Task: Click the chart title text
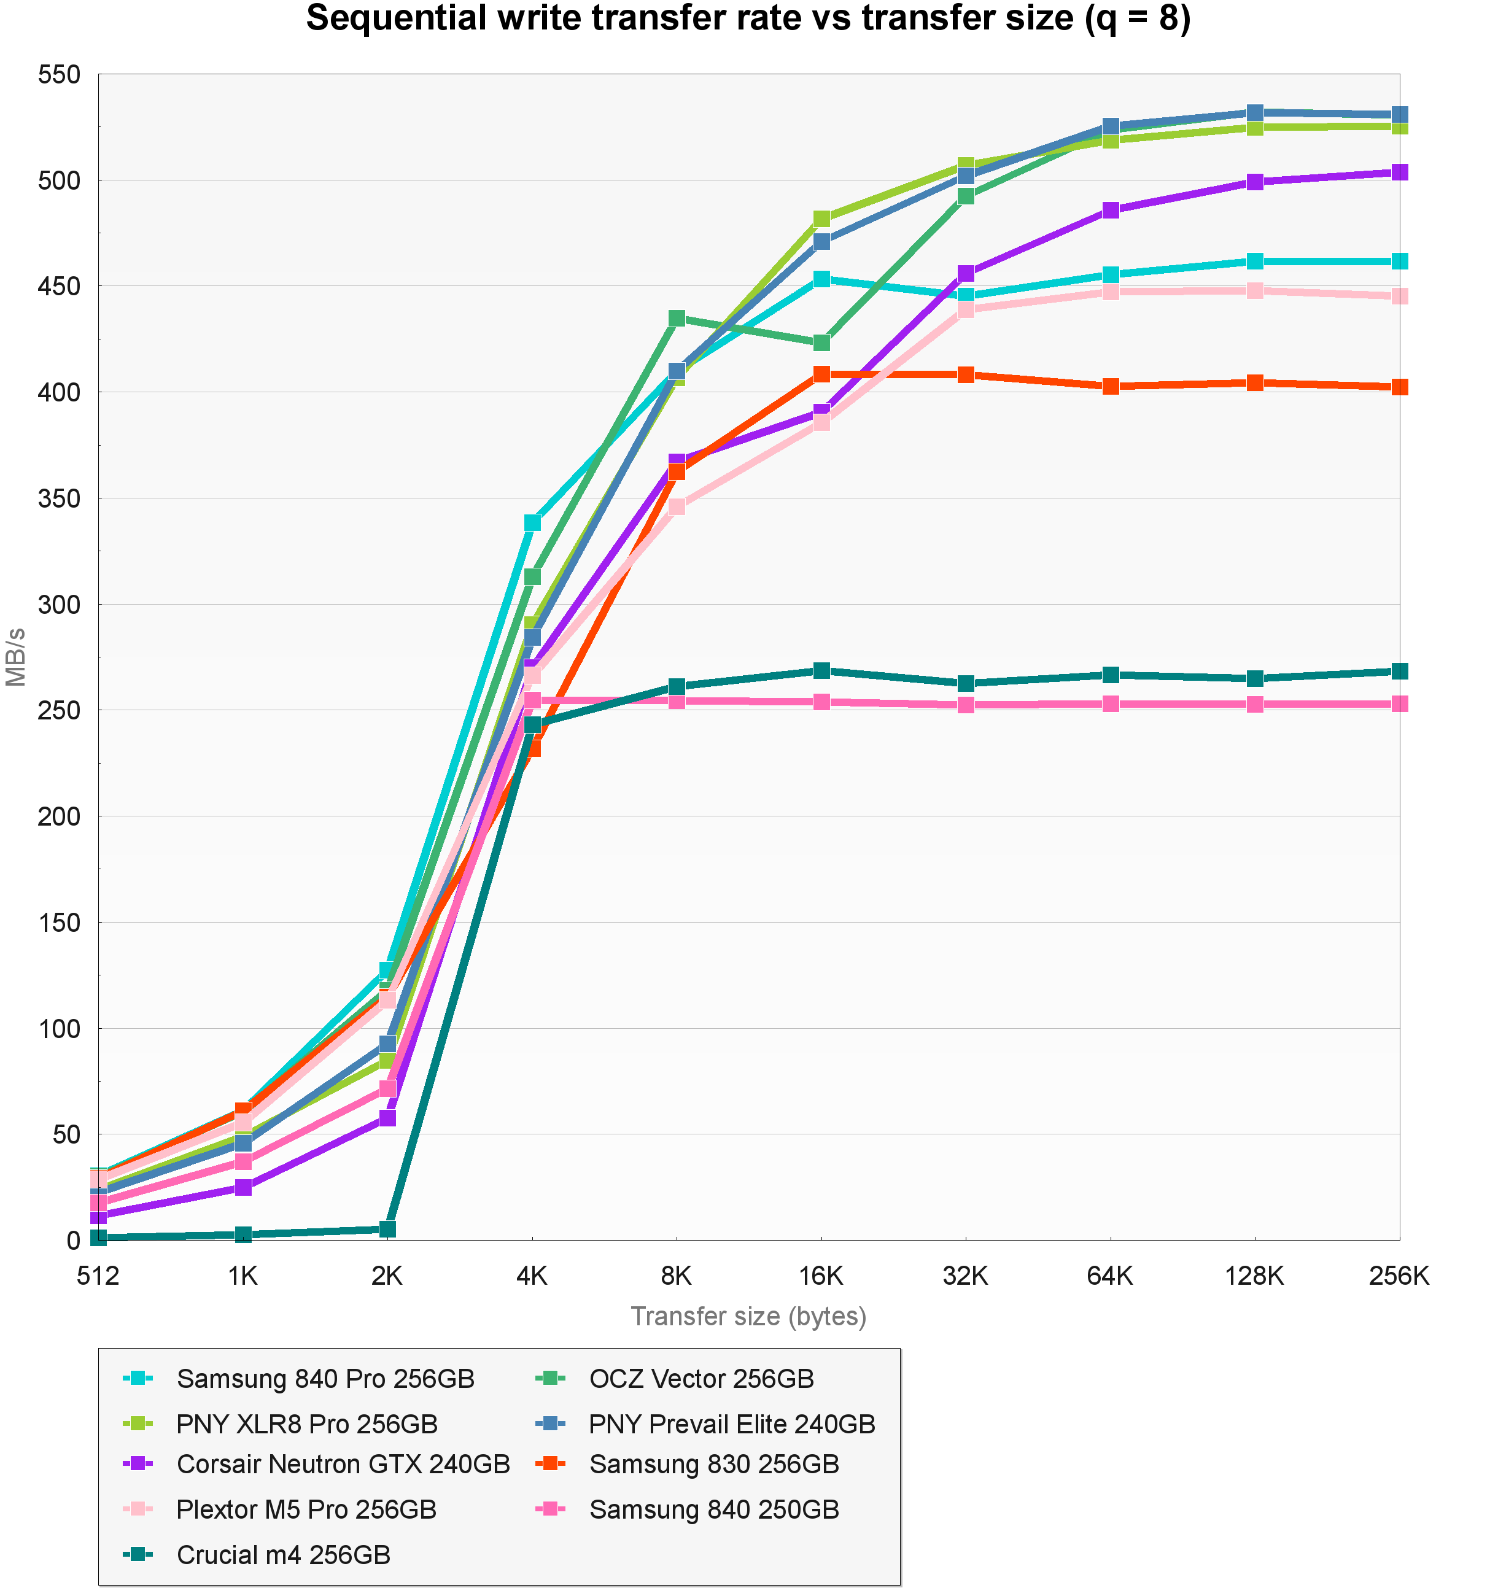point(748,19)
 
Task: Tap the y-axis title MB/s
point(16,657)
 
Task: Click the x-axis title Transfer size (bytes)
point(748,1316)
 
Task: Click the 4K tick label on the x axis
point(532,1276)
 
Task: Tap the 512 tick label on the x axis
point(98,1276)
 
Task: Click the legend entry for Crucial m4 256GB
point(282,1555)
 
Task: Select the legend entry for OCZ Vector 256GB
point(701,1379)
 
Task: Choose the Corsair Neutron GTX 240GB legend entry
point(343,1465)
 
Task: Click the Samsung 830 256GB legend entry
point(713,1465)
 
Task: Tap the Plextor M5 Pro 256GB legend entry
point(306,1509)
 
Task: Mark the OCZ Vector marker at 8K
point(677,319)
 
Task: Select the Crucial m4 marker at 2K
point(387,1229)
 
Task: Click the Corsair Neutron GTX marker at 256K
point(1399,172)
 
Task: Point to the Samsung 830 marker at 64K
point(1110,387)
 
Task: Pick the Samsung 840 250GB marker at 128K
point(1255,704)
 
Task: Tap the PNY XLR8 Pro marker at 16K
point(821,219)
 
